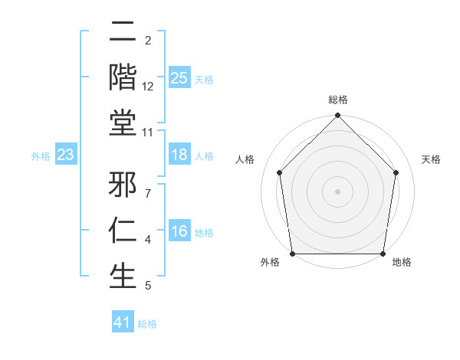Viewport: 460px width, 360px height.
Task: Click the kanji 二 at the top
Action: click(x=123, y=33)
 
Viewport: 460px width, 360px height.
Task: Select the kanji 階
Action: click(x=123, y=77)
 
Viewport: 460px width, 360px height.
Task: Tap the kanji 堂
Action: click(x=123, y=123)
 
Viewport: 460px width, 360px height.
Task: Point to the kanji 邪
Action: click(x=123, y=186)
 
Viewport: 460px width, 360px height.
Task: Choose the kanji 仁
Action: click(x=123, y=231)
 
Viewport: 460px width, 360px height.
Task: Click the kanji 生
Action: click(x=123, y=276)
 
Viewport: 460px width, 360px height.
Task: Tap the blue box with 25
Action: click(x=179, y=77)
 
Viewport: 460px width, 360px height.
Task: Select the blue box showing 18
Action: click(x=179, y=155)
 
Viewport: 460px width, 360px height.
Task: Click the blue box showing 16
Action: click(x=179, y=231)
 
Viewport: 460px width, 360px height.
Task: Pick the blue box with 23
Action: click(x=66, y=155)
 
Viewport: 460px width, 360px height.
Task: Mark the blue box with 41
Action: click(x=123, y=322)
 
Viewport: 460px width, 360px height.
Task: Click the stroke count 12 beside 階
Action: click(x=148, y=87)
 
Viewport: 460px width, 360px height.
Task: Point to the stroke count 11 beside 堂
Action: click(x=148, y=132)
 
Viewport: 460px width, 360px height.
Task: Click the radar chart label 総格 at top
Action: click(x=338, y=100)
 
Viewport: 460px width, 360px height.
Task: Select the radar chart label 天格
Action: click(x=431, y=159)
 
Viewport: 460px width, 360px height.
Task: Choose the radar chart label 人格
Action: click(x=245, y=159)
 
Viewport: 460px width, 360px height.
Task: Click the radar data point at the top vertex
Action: click(x=338, y=116)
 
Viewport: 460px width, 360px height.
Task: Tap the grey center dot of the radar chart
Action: click(x=338, y=191)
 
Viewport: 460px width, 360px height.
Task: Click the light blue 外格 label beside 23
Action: click(x=41, y=155)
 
